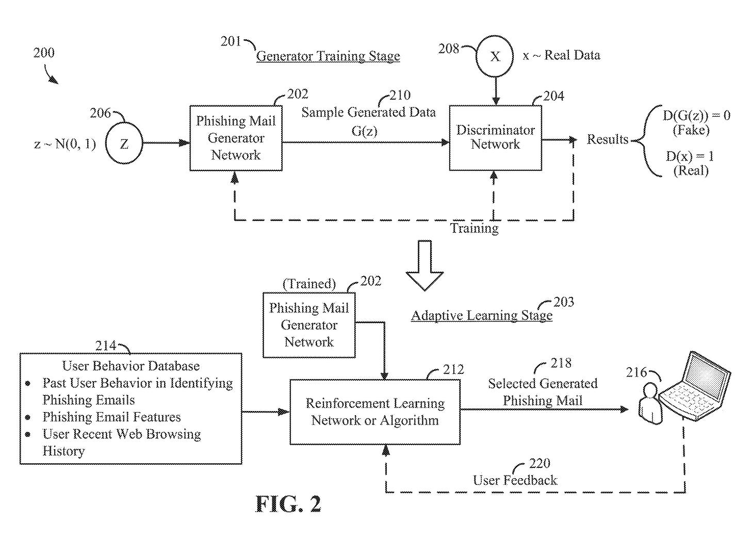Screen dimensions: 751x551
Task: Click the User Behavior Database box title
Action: click(131, 366)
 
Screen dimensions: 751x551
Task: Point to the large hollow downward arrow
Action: click(425, 265)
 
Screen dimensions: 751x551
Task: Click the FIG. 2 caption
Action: click(288, 504)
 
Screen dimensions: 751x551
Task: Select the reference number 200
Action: click(44, 53)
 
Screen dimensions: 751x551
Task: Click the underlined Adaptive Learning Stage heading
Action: click(481, 316)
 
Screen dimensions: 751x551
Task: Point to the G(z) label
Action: click(365, 131)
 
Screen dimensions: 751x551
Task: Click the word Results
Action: click(608, 139)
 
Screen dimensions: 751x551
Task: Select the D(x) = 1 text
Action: click(690, 156)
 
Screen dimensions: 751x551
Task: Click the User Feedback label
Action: click(515, 480)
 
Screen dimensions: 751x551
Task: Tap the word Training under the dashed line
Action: click(474, 228)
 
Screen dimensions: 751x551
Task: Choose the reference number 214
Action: click(106, 345)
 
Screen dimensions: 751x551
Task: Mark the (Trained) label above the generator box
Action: click(309, 284)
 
